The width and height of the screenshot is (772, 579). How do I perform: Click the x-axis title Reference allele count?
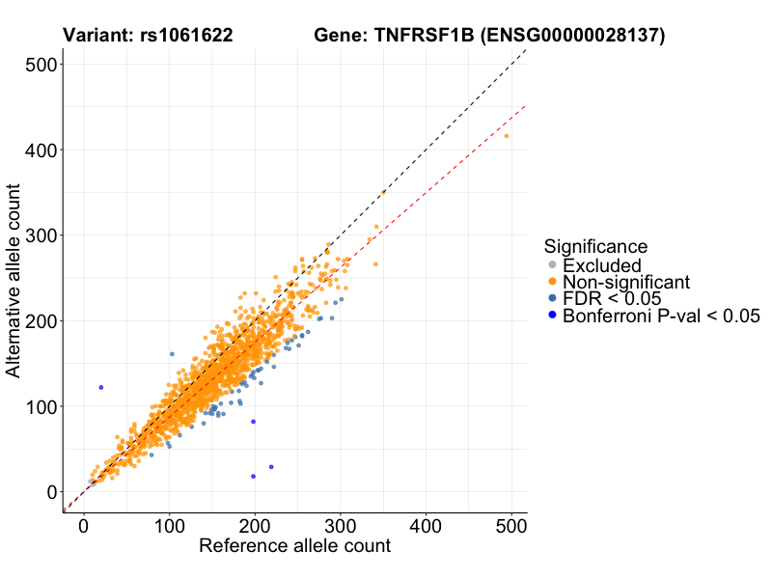(x=294, y=546)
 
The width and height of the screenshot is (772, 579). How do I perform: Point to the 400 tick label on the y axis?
(x=38, y=150)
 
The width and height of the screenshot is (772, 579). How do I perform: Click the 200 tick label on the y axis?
(x=38, y=320)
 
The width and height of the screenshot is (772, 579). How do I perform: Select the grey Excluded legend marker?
(x=552, y=265)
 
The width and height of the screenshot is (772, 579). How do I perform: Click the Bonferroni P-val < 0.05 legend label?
(x=662, y=316)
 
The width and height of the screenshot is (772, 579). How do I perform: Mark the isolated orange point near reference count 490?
(x=507, y=136)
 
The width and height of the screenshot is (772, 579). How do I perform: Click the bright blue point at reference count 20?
(x=101, y=387)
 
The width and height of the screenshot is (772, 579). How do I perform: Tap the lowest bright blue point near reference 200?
(x=254, y=476)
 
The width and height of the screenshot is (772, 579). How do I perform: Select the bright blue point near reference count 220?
(x=271, y=467)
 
